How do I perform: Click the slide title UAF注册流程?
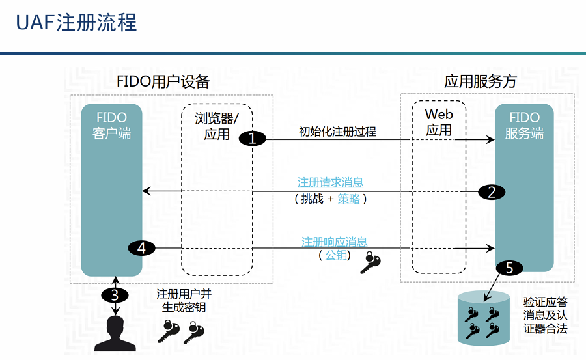[77, 23]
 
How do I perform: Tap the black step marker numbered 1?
[253, 138]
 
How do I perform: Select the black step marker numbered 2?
[492, 191]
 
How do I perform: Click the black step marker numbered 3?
[115, 294]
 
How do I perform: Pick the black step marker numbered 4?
[141, 247]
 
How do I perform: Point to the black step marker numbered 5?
[509, 268]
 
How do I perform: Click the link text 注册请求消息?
[330, 182]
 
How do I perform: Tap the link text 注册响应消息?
[334, 242]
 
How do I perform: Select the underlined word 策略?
[349, 199]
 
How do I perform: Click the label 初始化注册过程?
[337, 132]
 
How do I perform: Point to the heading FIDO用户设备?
[163, 82]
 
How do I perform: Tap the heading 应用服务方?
[481, 82]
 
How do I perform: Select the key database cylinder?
[483, 318]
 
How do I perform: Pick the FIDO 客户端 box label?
[112, 126]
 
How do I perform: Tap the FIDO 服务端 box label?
[524, 126]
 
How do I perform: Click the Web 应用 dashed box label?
[439, 122]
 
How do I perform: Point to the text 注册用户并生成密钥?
[184, 301]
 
